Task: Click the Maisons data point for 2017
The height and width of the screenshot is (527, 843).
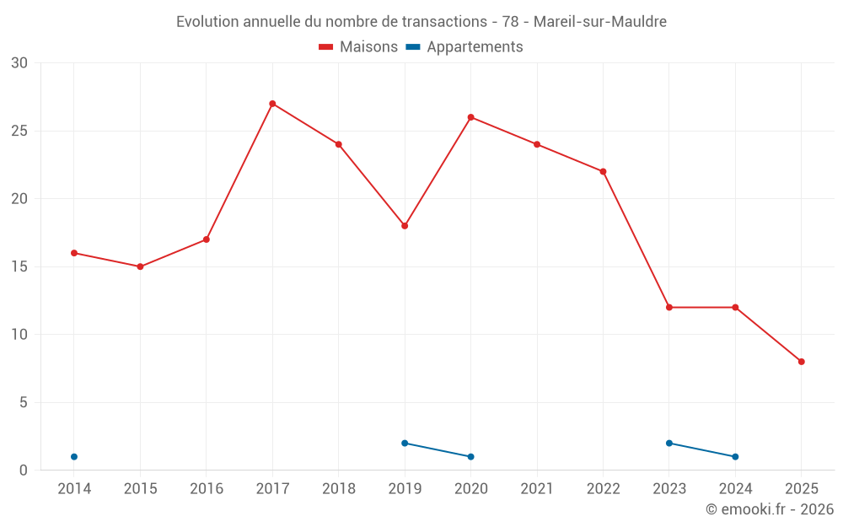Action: [x=272, y=104]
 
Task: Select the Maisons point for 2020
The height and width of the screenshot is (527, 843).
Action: [x=470, y=117]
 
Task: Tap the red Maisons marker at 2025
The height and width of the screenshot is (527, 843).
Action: [x=802, y=362]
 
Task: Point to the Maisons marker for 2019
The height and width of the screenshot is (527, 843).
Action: [x=405, y=226]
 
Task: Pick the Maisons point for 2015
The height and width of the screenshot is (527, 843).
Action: [x=140, y=266]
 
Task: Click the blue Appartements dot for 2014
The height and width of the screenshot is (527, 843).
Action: [x=74, y=457]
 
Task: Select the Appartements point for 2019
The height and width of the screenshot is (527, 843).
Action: [x=405, y=443]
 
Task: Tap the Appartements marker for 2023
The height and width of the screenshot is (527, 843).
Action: [x=669, y=443]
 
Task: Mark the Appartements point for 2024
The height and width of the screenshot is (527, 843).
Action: [x=735, y=457]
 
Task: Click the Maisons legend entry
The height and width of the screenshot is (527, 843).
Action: [x=358, y=47]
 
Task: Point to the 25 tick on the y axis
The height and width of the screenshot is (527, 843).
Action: [x=19, y=131]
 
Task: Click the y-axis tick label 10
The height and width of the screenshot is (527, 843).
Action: [x=19, y=335]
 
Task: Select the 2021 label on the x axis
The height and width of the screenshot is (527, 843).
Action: [x=537, y=489]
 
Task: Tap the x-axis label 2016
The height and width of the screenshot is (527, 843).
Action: [x=207, y=489]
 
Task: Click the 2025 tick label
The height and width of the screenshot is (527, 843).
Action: [x=802, y=489]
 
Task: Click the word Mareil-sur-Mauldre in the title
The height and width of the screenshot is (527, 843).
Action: [x=600, y=22]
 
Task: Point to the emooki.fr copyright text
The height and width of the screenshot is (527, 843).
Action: [x=770, y=509]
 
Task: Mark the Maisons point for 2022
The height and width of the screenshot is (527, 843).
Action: [x=603, y=171]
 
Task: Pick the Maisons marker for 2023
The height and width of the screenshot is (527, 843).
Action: [x=669, y=308]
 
